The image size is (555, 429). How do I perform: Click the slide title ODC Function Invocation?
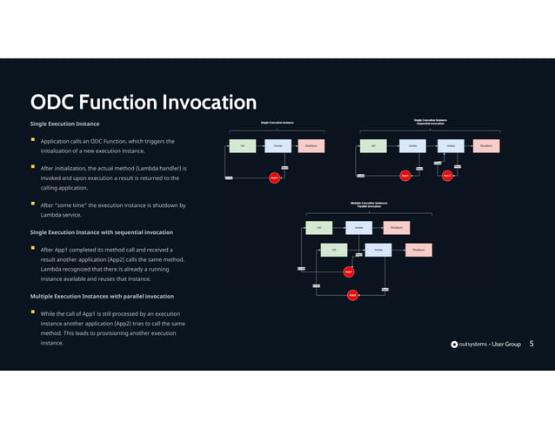144,103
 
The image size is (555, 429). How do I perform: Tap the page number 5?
532,344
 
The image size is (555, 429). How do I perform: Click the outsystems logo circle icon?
454,345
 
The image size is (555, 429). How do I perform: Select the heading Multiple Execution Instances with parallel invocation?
102,296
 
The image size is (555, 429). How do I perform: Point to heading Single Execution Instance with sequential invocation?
101,232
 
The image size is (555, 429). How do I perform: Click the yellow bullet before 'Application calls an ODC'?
33,141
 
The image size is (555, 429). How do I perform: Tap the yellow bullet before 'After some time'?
33,205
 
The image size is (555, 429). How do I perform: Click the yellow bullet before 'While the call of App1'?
33,312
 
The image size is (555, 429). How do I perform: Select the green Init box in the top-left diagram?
243,145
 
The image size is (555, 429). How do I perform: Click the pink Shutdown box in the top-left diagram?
311,145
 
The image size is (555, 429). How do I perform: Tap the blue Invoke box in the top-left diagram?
277,145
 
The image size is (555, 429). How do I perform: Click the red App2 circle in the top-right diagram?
447,176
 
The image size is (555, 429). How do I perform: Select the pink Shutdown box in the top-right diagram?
486,145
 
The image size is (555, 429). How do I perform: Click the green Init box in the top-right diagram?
373,145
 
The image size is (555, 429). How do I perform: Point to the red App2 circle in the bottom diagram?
352,295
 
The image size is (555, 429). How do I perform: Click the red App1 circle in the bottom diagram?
349,271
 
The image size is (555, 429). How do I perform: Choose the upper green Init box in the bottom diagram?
318,228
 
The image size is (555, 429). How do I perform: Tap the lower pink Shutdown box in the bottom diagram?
418,250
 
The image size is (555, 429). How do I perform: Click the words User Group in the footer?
505,345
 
